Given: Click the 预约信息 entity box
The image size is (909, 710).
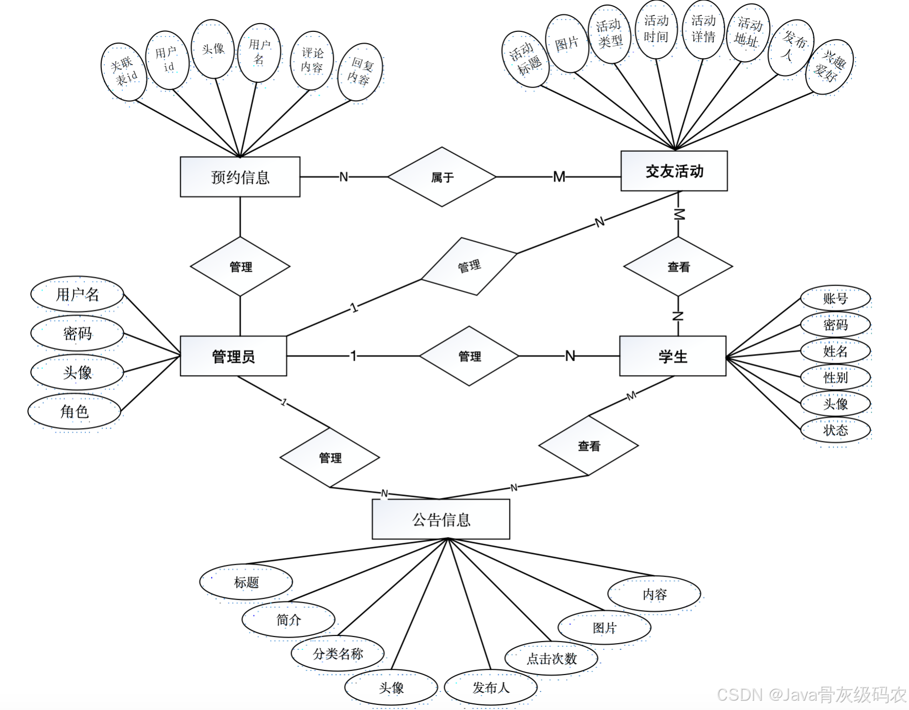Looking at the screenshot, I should tap(240, 177).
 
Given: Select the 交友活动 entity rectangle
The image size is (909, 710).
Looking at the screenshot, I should tap(674, 171).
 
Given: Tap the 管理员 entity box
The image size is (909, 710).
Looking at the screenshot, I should tap(233, 356).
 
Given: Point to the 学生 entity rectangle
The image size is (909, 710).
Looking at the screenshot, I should tap(672, 356).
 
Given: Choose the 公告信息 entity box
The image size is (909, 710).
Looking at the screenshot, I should tap(441, 519).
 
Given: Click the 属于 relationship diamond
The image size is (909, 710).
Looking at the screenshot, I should tap(442, 177).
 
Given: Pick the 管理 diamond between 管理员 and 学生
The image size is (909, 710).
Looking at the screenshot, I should tap(469, 356).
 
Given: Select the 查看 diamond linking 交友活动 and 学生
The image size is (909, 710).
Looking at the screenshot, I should tap(678, 267).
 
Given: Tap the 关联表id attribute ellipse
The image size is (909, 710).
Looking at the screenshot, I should tap(124, 72).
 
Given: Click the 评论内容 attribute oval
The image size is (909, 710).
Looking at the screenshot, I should tap(312, 60).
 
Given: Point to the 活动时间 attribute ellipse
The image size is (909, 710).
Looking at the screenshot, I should tap(656, 29).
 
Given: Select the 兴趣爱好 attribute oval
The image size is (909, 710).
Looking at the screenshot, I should tap(830, 67).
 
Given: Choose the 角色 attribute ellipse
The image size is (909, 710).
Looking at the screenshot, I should tap(75, 412).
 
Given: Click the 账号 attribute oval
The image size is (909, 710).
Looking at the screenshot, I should tap(835, 298).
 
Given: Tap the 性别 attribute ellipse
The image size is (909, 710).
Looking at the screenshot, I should tap(835, 377).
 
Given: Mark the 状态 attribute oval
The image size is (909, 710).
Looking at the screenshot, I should tap(835, 430).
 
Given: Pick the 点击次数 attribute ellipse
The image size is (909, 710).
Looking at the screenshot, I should tap(552, 658).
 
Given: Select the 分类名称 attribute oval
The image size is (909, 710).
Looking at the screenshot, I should tap(338, 653).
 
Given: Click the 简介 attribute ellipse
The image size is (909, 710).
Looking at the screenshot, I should tap(288, 619).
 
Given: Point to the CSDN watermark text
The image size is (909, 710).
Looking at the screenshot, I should tap(811, 695).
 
